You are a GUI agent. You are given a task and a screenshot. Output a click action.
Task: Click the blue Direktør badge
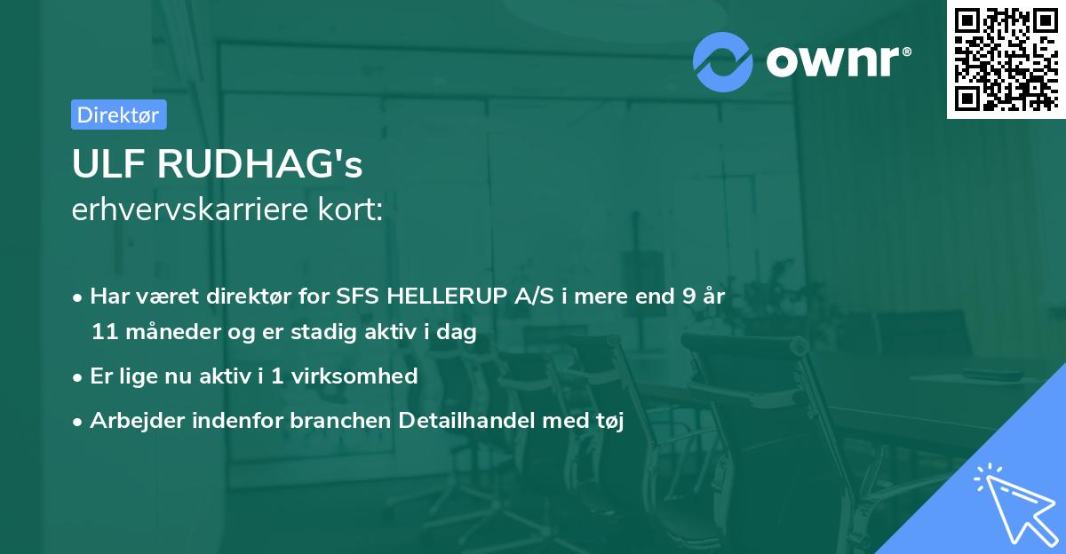click(x=118, y=115)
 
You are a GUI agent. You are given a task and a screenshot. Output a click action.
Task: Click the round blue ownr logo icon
click(x=723, y=60)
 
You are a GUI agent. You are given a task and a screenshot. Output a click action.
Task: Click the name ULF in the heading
click(x=105, y=165)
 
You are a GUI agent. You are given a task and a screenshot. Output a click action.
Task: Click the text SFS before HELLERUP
click(x=359, y=297)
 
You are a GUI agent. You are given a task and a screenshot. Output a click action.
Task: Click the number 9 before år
click(x=688, y=297)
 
